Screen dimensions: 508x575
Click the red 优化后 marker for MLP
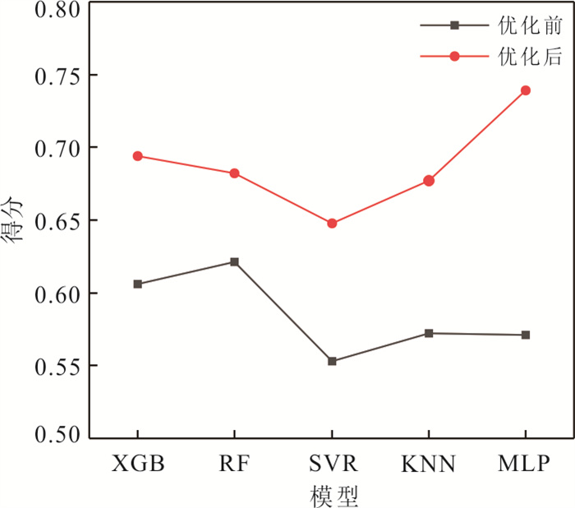525,90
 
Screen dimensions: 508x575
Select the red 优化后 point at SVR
332,224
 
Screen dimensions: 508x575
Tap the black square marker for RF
234,262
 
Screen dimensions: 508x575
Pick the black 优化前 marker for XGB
137,284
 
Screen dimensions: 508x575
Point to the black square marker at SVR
332,361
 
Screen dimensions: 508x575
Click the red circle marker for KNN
428,181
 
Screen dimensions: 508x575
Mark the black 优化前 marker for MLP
525,335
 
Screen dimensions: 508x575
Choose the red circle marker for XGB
137,156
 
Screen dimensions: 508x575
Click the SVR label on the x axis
332,463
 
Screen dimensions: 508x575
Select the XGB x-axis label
137,463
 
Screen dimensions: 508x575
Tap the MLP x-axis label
524,463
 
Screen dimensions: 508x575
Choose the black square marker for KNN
428,333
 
